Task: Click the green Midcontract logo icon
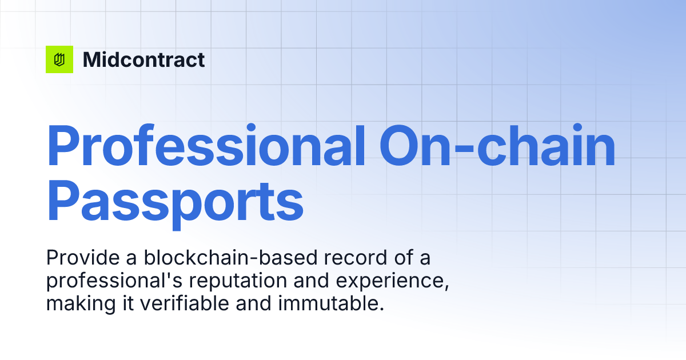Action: point(59,59)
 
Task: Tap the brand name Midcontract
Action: point(143,59)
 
